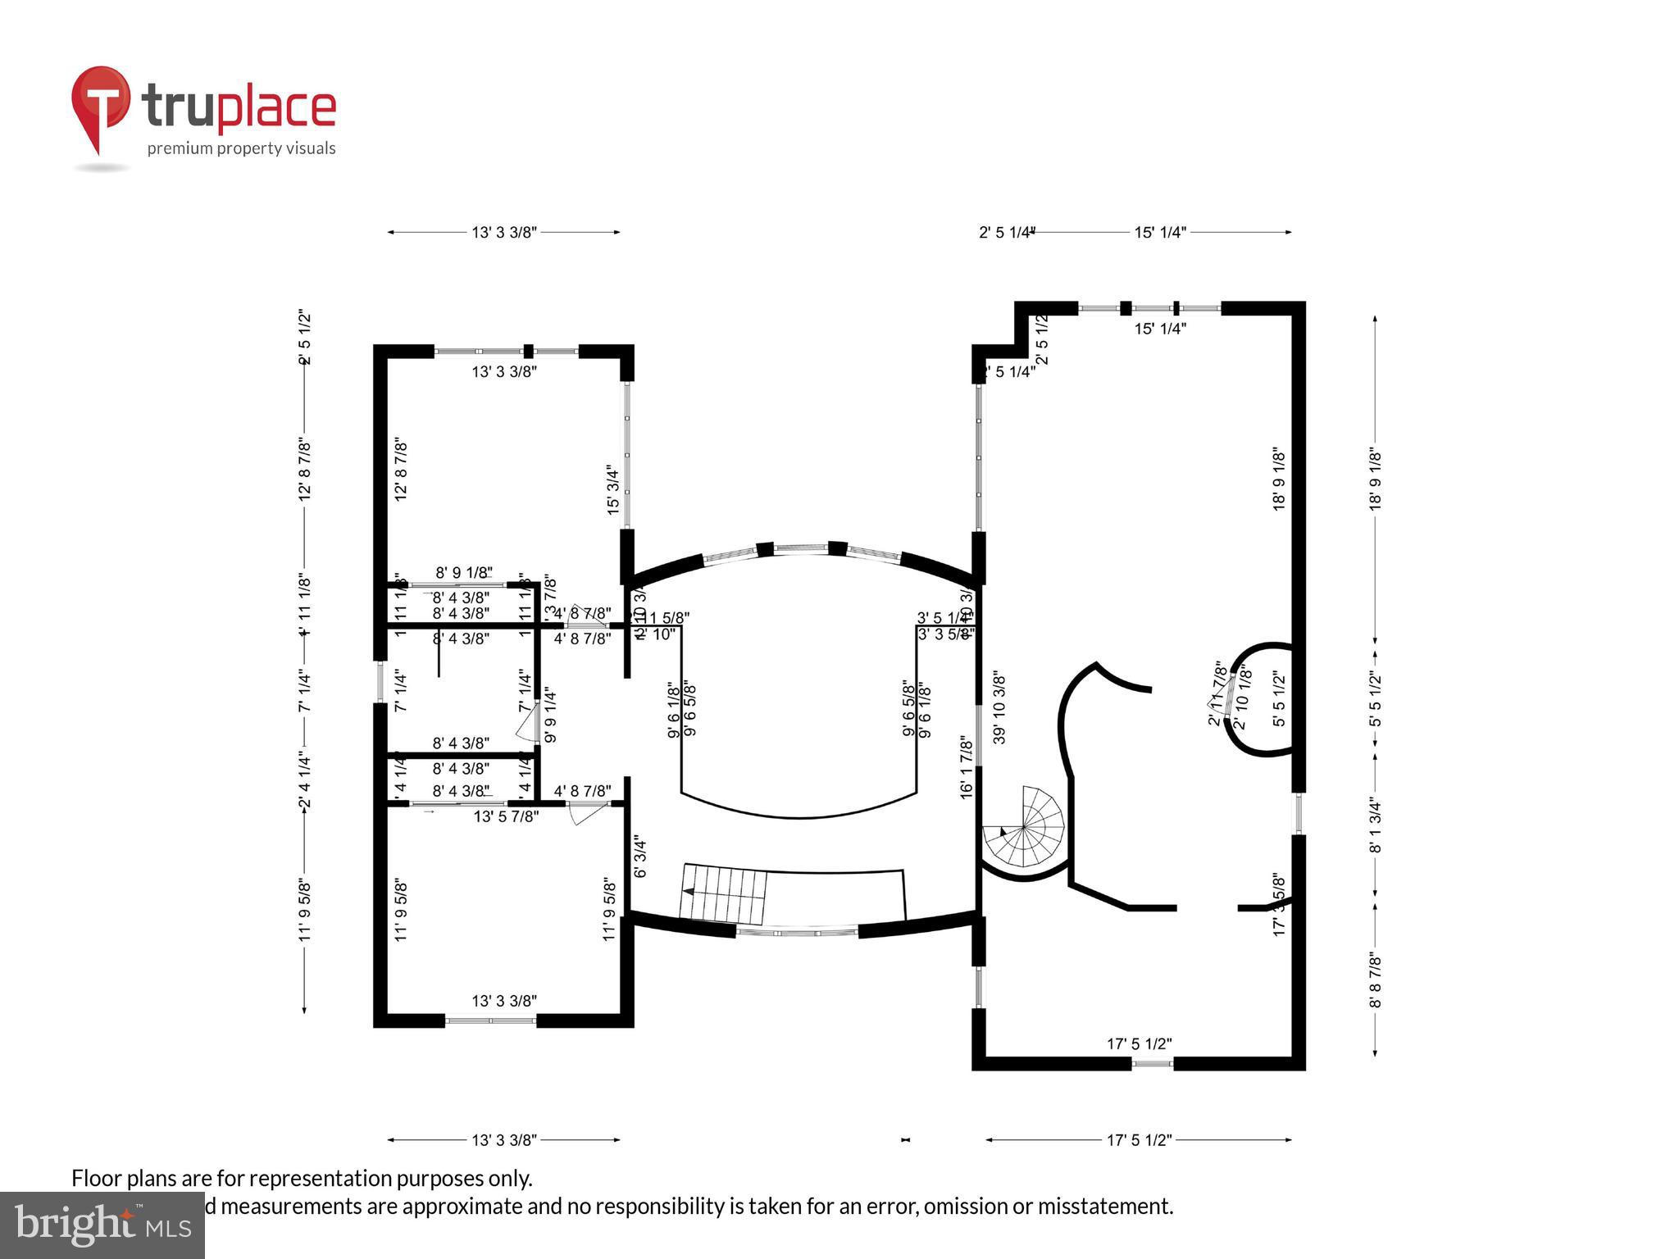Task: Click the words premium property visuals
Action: [x=241, y=148]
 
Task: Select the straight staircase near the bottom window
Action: [x=725, y=893]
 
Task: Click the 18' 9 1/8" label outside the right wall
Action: [x=1375, y=480]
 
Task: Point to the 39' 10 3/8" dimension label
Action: [x=999, y=708]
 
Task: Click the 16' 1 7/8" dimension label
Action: [x=967, y=766]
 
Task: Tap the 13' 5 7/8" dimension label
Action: [x=506, y=816]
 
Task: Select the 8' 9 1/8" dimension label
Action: [x=464, y=572]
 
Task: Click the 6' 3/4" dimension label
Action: [x=640, y=857]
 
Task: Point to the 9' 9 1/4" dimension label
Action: [x=550, y=715]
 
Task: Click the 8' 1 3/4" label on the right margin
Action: [x=1375, y=825]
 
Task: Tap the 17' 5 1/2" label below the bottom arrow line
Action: [x=1139, y=1139]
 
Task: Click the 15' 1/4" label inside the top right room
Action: [x=1160, y=329]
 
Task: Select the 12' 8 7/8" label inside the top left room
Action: [x=401, y=469]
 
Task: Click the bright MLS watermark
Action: [x=102, y=1225]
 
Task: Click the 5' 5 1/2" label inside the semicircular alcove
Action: [x=1278, y=698]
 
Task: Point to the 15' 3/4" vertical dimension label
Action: [x=612, y=489]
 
